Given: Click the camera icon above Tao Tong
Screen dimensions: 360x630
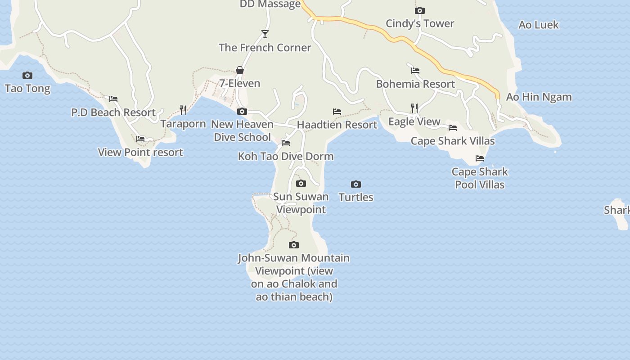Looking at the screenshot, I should (27, 75).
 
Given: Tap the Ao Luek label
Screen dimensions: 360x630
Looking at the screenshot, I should (538, 25).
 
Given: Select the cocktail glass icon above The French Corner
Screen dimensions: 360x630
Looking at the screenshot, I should (265, 34).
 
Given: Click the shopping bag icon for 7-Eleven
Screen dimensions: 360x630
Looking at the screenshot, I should (240, 70).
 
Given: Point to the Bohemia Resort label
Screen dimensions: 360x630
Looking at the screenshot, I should (415, 84).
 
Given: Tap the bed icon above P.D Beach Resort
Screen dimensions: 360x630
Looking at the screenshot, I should (113, 99).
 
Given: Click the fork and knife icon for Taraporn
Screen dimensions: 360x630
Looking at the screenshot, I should (183, 110).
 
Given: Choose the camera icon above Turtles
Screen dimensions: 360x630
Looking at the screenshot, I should (356, 184).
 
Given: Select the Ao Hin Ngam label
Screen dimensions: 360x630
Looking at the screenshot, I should (539, 97).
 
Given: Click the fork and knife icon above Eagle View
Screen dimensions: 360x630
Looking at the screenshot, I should (414, 108).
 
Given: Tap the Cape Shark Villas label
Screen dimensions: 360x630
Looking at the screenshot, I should (452, 141).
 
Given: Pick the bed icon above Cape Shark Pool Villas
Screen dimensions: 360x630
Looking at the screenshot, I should (480, 158).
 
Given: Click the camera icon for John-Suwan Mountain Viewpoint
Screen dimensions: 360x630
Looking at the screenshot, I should (294, 245).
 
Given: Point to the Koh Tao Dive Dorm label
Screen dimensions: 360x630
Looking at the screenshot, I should (286, 157).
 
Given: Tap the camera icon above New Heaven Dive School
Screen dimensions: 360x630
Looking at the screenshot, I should (242, 111).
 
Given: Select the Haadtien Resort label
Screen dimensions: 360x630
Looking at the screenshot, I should (337, 125).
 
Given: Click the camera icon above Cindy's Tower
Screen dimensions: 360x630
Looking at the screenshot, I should (420, 10).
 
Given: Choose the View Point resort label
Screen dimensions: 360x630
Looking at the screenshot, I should (140, 153).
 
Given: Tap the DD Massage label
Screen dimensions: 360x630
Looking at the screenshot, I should (270, 4).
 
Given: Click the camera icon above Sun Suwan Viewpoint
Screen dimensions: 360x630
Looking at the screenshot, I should (301, 183).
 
